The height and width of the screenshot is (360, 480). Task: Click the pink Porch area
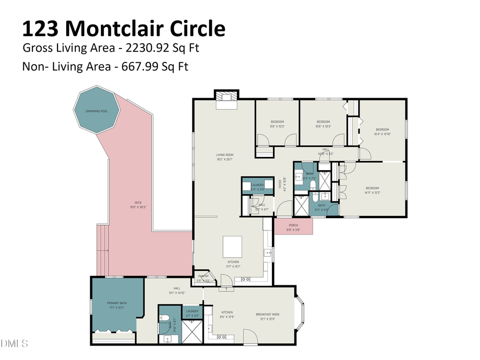[x=293, y=226]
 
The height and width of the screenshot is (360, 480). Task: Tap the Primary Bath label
[x=117, y=306]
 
